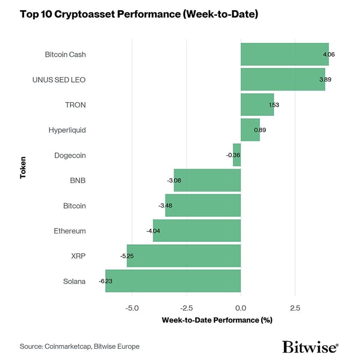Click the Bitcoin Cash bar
pyautogui.click(x=284, y=54)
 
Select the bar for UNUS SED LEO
pyautogui.click(x=283, y=79)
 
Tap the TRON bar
pyautogui.click(x=257, y=105)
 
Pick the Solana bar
pyautogui.click(x=173, y=281)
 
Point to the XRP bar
pyautogui.click(x=183, y=256)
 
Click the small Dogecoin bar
pyautogui.click(x=237, y=155)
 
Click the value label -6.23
pyautogui.click(x=106, y=281)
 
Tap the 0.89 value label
pyautogui.click(x=260, y=130)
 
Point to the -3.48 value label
pyautogui.click(x=165, y=205)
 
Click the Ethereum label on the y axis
pyautogui.click(x=70, y=231)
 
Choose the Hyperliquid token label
pyautogui.click(x=67, y=130)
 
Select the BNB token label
pyautogui.click(x=78, y=180)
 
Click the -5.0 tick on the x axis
pyautogui.click(x=131, y=308)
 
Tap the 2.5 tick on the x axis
pyautogui.click(x=295, y=308)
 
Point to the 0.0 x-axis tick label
pyautogui.click(x=241, y=308)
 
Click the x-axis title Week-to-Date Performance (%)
pyautogui.click(x=217, y=320)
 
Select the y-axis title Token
pyautogui.click(x=23, y=167)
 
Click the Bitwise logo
pyautogui.click(x=310, y=347)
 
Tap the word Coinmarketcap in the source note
pyautogui.click(x=69, y=347)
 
